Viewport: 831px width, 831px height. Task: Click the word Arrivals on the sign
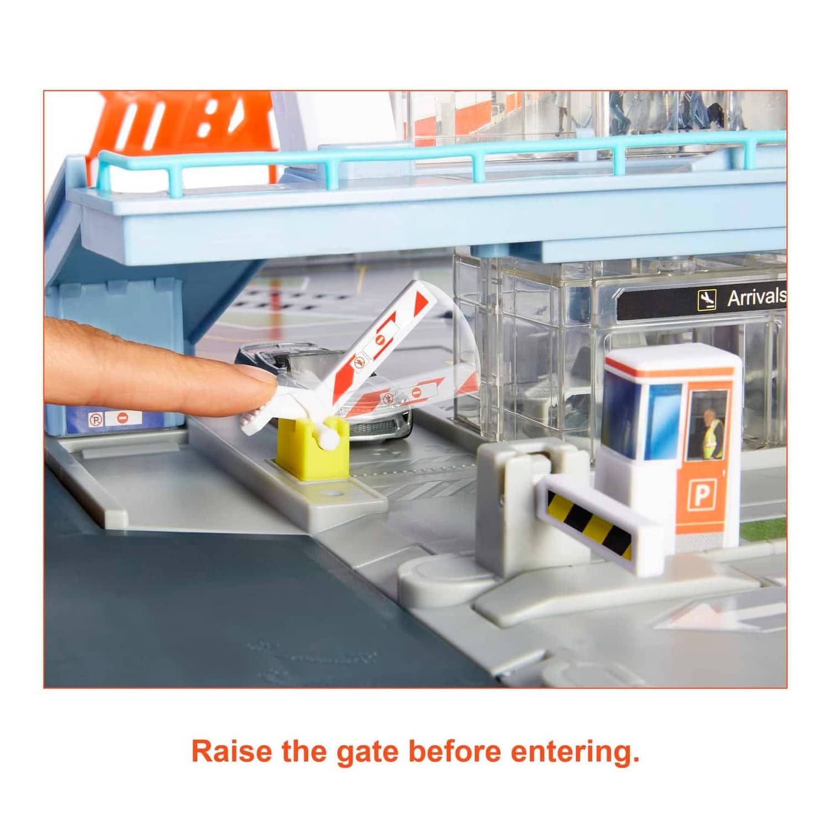coord(756,297)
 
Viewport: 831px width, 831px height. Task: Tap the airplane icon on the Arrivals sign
coord(707,300)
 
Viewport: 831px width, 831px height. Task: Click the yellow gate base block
coord(312,448)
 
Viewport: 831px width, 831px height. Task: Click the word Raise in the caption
coord(232,752)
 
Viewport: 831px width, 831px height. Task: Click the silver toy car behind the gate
coord(332,388)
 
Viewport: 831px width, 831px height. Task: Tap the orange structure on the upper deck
coord(183,133)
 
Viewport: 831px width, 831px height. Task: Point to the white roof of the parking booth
coord(673,358)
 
